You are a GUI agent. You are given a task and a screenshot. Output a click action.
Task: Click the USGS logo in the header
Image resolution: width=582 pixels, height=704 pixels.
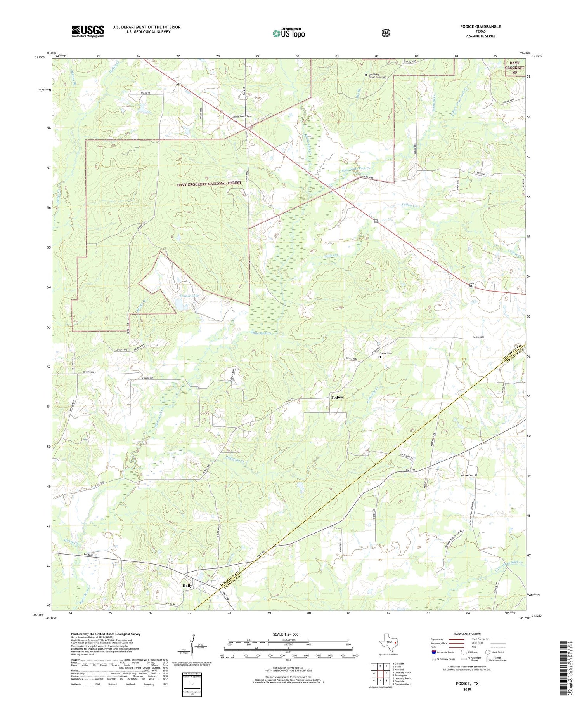coord(88,31)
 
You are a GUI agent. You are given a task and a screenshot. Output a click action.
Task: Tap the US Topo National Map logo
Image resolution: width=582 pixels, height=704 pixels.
coord(289,33)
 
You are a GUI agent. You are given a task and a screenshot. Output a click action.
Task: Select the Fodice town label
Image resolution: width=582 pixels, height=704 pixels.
coord(337,397)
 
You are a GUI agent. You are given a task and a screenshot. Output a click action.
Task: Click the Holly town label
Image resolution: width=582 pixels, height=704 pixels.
coord(187,586)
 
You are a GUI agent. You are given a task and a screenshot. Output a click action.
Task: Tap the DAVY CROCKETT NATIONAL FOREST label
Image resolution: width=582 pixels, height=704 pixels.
coord(209,184)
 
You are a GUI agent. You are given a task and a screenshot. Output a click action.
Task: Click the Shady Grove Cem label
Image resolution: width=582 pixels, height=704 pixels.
coord(242,116)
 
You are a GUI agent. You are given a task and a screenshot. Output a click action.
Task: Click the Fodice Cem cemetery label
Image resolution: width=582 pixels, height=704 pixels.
coord(385,353)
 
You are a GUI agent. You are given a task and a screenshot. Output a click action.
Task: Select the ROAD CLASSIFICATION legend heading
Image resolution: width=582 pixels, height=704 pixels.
coord(464,634)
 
